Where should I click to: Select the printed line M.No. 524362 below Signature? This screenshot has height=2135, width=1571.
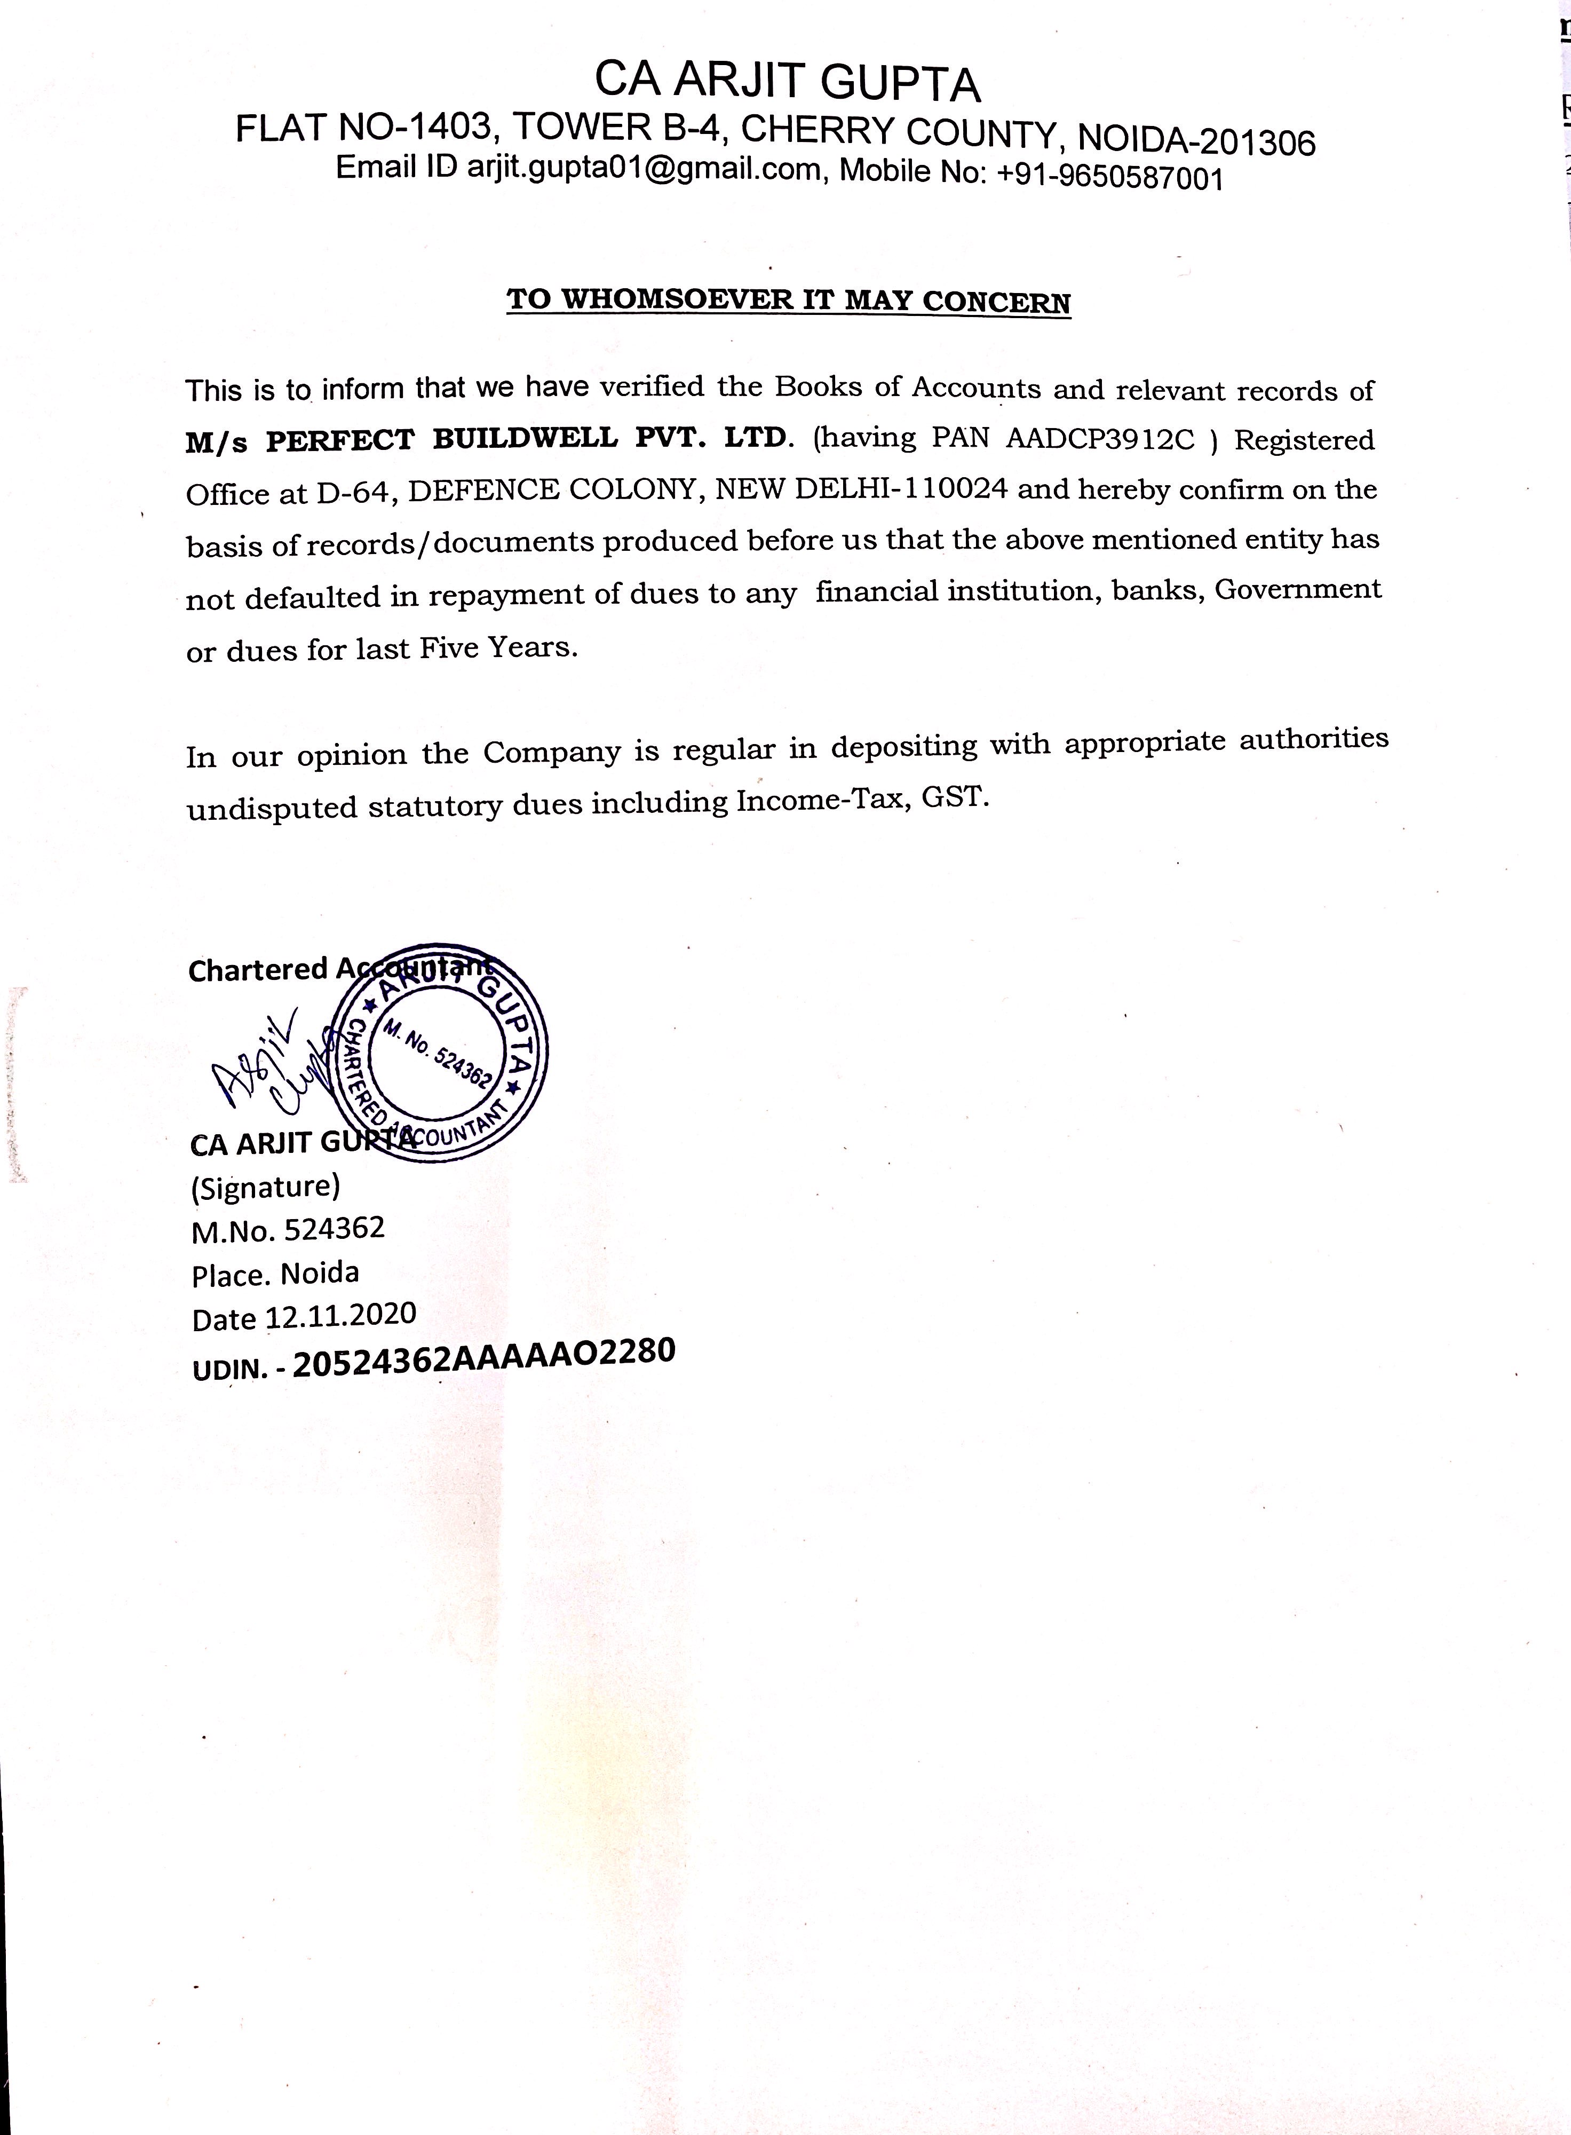[288, 1230]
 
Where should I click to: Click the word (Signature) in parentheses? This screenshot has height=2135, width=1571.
[265, 1186]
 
